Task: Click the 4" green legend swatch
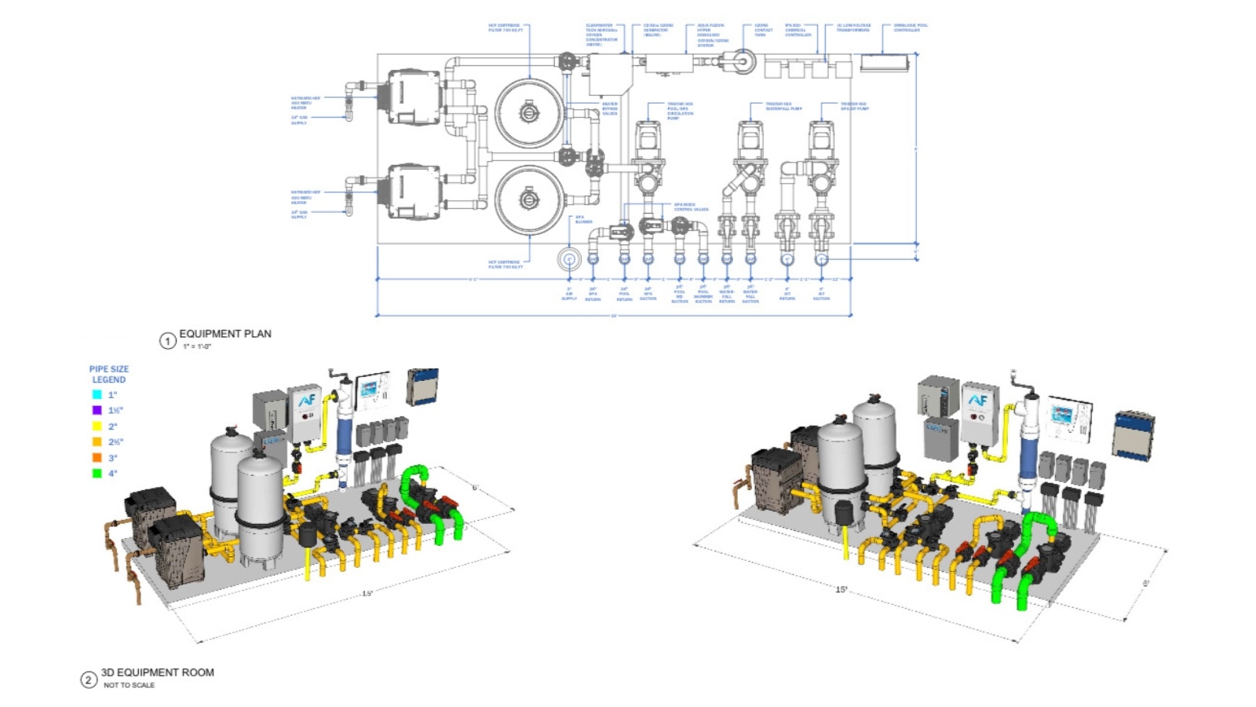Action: click(x=97, y=473)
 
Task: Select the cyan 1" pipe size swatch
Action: click(x=97, y=394)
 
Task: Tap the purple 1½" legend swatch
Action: click(x=97, y=410)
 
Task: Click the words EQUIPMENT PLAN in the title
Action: click(x=225, y=334)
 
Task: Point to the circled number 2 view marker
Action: click(x=89, y=680)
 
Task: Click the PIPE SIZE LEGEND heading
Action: click(x=109, y=374)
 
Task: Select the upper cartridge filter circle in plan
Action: click(x=529, y=114)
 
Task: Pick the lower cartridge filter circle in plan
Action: click(x=529, y=200)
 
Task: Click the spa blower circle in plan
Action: click(x=568, y=259)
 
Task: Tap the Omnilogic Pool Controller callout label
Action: click(x=911, y=27)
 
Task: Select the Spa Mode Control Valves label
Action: click(x=691, y=207)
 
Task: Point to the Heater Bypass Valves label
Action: click(x=610, y=108)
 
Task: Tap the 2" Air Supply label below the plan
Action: click(x=569, y=294)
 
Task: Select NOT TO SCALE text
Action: click(x=130, y=686)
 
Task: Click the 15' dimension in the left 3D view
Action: click(x=367, y=593)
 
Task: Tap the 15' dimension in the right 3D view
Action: click(x=842, y=589)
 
